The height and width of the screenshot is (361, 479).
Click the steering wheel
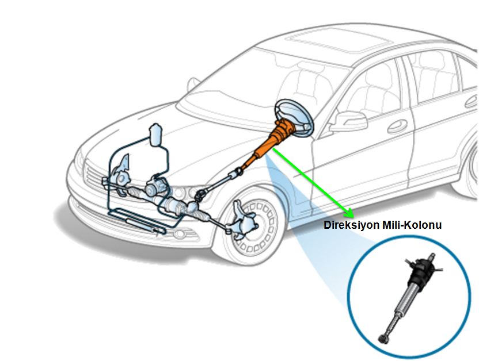294,117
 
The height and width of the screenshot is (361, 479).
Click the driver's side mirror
349,121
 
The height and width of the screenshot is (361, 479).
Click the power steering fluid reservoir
156,136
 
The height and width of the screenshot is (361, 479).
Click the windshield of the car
242,86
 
